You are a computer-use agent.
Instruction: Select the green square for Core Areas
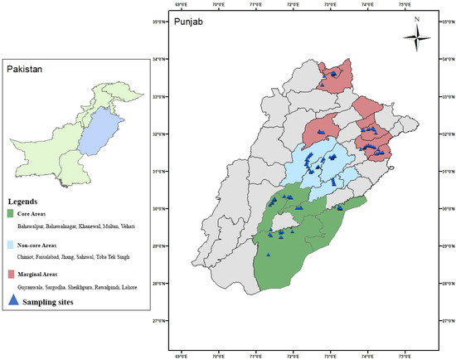(x=12, y=214)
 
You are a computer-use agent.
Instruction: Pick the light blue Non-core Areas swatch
(x=12, y=246)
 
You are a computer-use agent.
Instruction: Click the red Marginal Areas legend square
(x=12, y=275)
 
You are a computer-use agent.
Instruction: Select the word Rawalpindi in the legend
(x=118, y=286)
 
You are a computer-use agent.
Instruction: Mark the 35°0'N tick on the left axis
(x=159, y=21)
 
